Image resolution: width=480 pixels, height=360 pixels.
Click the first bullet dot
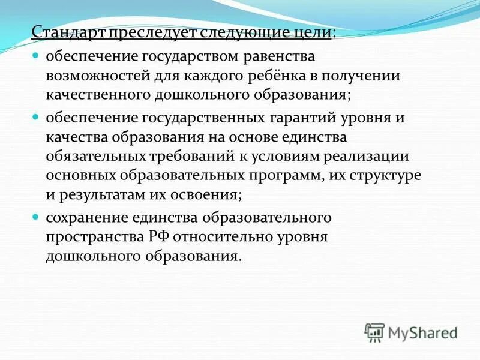35,56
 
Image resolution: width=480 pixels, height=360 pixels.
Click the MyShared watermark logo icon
375,331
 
